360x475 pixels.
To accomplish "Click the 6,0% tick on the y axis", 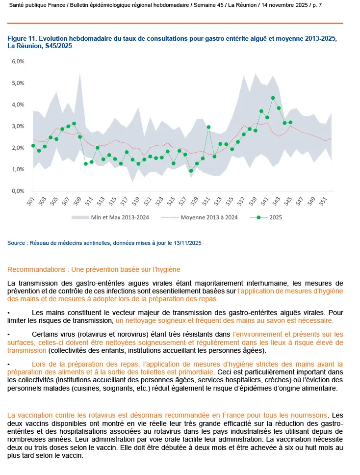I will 18,61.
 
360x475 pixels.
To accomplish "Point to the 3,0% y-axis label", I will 18,126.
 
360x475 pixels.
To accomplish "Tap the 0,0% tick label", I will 18,191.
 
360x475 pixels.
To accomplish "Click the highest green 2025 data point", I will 273,98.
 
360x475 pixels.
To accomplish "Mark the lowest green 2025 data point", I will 191,171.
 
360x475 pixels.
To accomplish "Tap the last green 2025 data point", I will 290,122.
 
